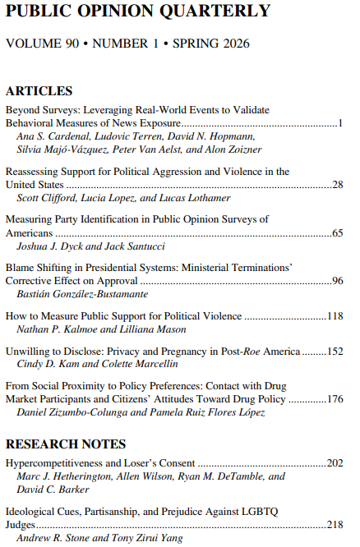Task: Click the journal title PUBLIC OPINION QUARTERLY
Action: point(138,11)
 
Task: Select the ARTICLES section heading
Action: point(39,91)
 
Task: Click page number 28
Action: point(337,186)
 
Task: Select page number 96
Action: point(337,281)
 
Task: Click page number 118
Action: point(335,316)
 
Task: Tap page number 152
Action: point(335,352)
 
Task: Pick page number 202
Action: point(335,463)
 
